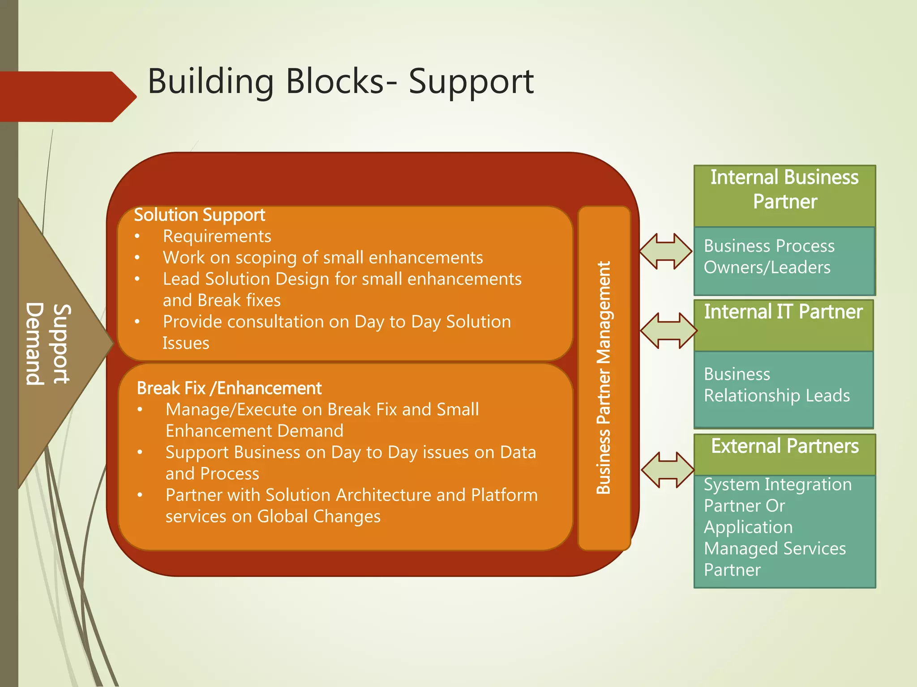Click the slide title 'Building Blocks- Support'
340,81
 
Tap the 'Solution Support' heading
199,215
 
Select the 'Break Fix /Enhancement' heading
229,388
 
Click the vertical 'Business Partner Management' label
604,377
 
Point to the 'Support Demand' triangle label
48,343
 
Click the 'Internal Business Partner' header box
784,190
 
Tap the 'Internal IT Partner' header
783,312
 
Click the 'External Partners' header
784,446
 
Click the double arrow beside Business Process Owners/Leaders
665,251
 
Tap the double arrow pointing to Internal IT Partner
668,331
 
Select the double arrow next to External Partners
667,470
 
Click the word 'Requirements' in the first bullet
217,236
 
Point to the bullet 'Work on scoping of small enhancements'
322,258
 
